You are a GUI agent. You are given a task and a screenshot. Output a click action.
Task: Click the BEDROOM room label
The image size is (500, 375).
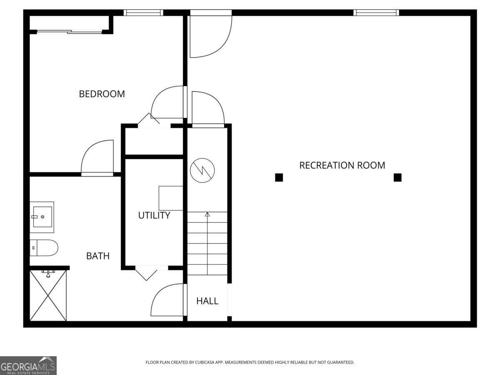102,94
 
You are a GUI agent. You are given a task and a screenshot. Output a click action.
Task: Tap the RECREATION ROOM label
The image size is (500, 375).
342,165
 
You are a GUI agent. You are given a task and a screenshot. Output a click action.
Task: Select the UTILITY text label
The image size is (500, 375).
154,215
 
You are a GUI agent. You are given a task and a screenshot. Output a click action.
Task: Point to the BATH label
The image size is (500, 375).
98,256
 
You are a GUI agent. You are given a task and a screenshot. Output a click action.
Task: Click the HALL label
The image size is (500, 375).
207,301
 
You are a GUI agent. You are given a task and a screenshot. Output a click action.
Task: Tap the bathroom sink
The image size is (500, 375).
42,217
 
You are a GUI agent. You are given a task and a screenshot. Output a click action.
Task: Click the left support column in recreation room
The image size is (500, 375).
279,177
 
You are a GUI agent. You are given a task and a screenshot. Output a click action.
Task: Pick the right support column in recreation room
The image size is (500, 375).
397,177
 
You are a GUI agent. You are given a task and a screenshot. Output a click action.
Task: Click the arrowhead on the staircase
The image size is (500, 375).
207,215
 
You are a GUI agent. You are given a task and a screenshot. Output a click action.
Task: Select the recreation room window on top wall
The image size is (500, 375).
376,13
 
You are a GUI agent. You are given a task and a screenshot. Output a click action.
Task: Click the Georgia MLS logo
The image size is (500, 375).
28,365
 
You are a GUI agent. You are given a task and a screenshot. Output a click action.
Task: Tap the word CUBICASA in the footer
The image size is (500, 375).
205,362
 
